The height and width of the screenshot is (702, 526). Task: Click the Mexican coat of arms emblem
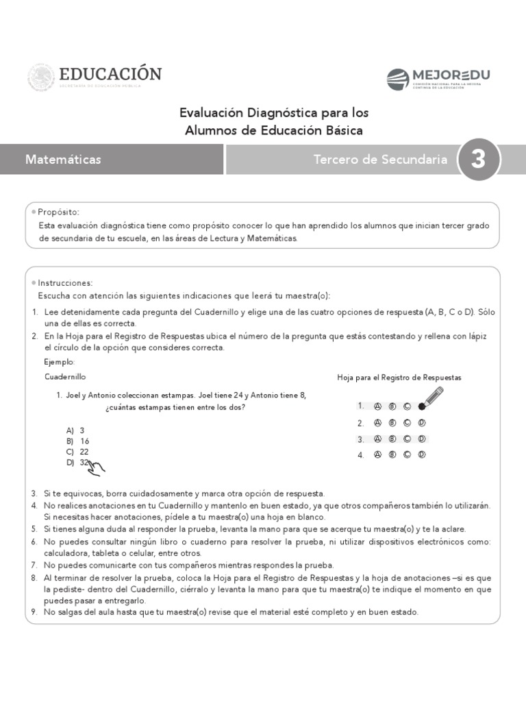[40, 77]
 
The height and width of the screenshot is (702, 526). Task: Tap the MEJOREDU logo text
[451, 75]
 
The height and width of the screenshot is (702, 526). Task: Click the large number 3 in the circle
[478, 159]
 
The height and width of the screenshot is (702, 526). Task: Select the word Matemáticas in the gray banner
[63, 160]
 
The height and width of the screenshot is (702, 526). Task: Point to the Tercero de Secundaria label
[380, 160]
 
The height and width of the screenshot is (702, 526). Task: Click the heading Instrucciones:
[65, 283]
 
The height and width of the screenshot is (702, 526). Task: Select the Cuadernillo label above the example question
[66, 377]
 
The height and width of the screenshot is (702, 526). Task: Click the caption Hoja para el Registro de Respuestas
[399, 378]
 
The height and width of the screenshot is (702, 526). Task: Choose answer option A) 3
[75, 431]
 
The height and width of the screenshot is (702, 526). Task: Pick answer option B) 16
[77, 441]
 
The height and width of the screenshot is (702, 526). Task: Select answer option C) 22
[77, 452]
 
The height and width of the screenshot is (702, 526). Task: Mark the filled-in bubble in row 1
[422, 406]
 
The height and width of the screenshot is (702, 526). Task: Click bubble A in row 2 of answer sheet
[377, 422]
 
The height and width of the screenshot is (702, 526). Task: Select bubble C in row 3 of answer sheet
[407, 439]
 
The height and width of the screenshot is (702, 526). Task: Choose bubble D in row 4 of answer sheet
[422, 455]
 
